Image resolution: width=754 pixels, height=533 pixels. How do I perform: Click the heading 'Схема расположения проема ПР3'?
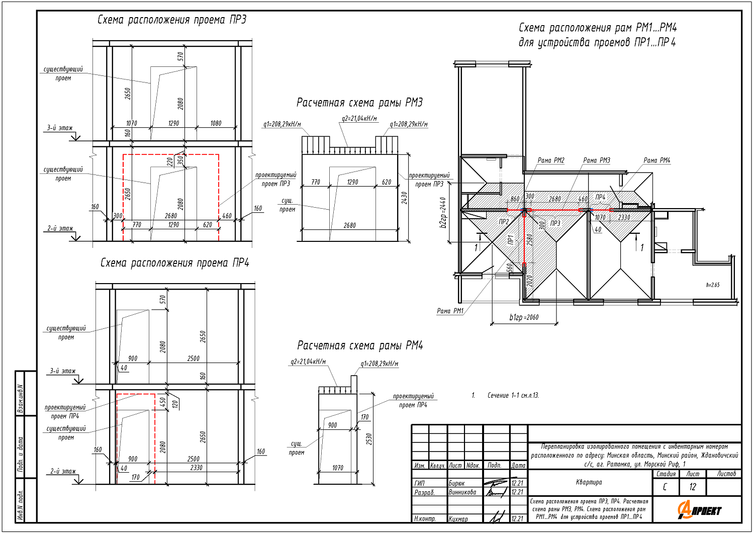point(172,20)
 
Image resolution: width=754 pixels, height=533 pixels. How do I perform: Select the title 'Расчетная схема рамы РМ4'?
point(360,345)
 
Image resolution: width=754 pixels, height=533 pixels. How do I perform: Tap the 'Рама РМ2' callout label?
point(551,160)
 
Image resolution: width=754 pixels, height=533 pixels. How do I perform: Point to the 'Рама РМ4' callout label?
point(657,160)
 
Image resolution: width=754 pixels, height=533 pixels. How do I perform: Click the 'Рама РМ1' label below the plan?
point(450,311)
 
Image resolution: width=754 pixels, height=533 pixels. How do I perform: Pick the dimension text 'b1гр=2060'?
point(524,317)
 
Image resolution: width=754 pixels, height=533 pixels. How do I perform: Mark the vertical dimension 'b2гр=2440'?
point(443,213)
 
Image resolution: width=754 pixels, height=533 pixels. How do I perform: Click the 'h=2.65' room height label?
point(712,285)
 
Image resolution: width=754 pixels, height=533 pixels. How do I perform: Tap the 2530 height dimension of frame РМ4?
point(369,439)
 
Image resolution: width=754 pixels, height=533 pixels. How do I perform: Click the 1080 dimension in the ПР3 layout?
point(216,123)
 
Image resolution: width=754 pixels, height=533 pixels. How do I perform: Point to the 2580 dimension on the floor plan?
point(529,240)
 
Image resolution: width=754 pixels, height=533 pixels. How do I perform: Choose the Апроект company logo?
point(699,510)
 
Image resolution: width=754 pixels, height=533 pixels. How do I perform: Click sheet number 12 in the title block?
point(693,487)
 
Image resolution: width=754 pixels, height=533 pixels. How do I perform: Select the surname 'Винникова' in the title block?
point(462,492)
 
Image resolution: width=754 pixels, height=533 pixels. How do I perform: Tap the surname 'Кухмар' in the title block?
point(458,519)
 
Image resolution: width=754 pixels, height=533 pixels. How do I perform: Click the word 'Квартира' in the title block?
point(589,482)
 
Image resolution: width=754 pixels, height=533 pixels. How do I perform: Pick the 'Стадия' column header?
point(666,474)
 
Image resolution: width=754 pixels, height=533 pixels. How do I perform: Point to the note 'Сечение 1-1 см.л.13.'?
point(513,396)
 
